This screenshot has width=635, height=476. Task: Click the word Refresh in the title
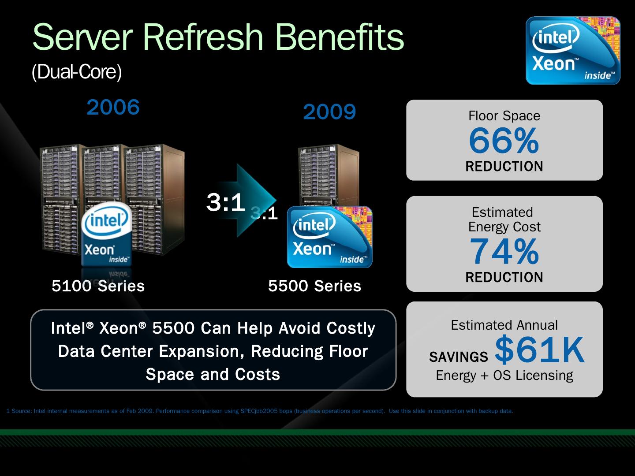tap(203, 37)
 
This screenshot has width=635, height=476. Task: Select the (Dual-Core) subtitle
tap(77, 72)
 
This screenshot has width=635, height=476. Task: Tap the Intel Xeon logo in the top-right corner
tap(573, 51)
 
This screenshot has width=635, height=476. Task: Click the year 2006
tap(113, 107)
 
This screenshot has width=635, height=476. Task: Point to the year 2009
tap(329, 112)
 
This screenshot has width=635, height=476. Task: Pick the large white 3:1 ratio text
tap(226, 202)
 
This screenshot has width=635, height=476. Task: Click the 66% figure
tap(504, 141)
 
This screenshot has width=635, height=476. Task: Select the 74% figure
tap(504, 251)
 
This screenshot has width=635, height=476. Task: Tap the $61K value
tap(540, 350)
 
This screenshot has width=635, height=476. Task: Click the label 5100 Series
tap(98, 286)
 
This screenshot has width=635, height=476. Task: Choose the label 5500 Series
tap(314, 286)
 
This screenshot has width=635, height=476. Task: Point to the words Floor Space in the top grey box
tap(504, 116)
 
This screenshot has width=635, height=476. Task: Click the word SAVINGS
tap(459, 357)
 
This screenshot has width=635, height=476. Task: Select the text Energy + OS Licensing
tap(504, 376)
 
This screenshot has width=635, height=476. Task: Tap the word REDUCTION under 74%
tap(504, 277)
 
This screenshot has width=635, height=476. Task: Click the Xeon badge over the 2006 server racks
tap(106, 234)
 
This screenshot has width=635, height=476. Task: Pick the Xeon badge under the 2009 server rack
tap(329, 237)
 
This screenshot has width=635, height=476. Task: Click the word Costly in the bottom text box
tap(351, 329)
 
